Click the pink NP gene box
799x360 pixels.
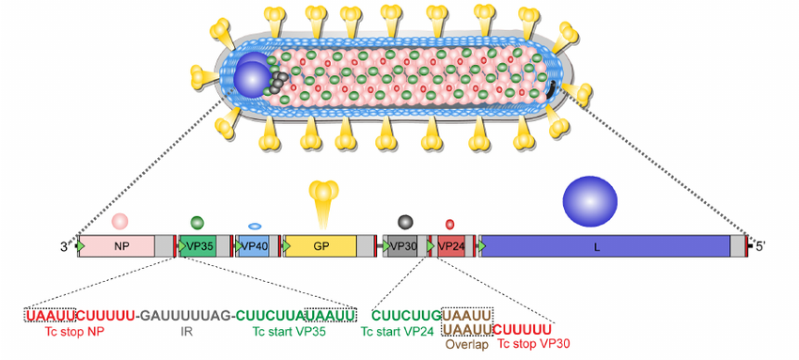120,246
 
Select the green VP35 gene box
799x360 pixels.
198,246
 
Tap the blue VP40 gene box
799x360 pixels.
254,246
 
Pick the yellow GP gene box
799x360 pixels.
321,246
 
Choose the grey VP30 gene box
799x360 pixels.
403,246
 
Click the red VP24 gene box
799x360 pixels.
452,246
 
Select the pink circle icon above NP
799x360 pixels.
119,222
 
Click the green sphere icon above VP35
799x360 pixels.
197,223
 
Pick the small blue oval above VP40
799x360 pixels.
255,227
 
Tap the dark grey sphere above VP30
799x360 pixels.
405,222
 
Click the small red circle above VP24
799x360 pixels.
450,225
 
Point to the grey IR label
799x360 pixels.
187,332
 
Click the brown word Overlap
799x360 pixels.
467,345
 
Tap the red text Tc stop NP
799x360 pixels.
78,332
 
